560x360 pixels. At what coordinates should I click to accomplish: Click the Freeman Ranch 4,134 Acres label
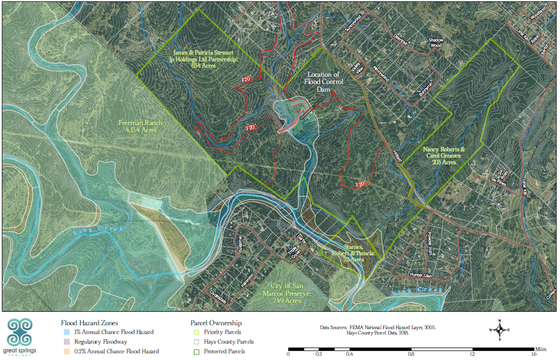click(x=137, y=126)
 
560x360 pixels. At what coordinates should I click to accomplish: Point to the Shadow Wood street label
click(x=436, y=43)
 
